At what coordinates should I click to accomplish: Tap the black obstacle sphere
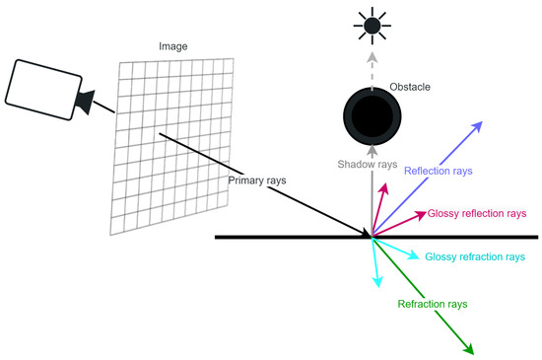coord(372,114)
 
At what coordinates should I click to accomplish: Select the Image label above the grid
coord(173,46)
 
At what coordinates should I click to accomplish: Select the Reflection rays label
coord(439,171)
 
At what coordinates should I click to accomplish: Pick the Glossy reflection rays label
coord(477,213)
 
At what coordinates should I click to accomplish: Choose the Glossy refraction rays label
coord(474,257)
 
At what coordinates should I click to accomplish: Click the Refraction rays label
coord(432,303)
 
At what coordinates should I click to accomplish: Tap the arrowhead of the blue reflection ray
coord(479,125)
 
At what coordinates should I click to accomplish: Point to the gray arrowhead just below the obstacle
coord(372,152)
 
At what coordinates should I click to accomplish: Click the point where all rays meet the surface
coord(372,237)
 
